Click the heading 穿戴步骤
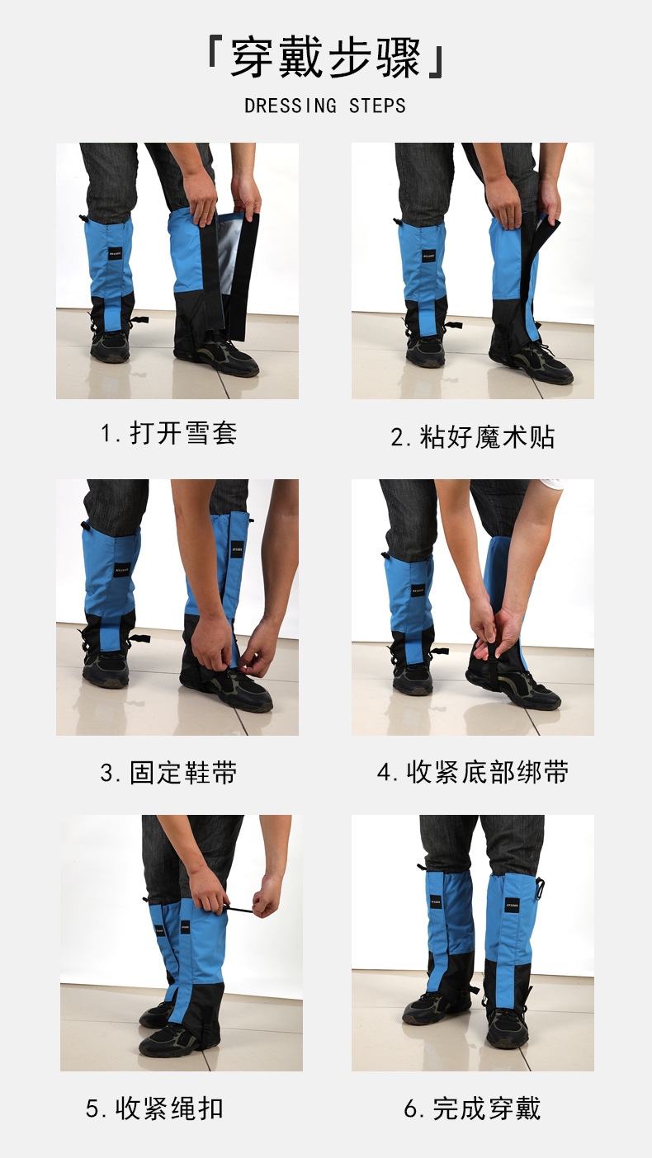click(325, 59)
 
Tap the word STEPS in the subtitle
click(377, 106)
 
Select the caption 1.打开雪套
click(169, 433)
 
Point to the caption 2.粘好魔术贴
click(472, 437)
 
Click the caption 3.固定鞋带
click(169, 773)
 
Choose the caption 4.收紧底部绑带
click(472, 773)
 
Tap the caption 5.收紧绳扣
click(154, 1109)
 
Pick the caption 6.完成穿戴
click(472, 1109)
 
